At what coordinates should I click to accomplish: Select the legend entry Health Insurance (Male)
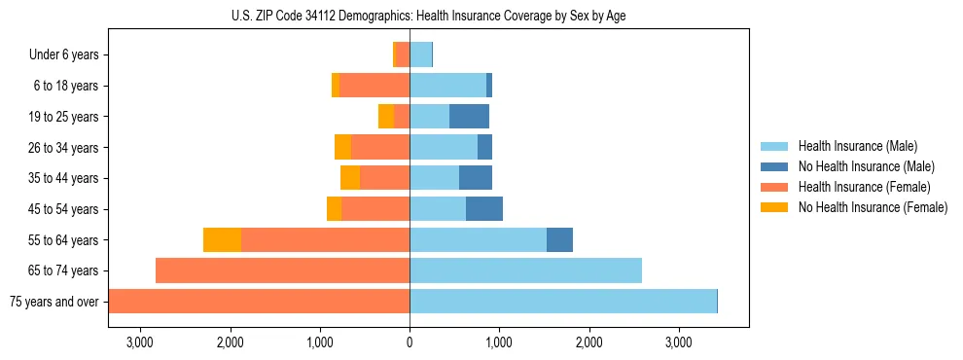857,146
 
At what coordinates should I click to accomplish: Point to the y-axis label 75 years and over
53,302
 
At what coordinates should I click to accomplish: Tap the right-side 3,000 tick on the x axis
678,342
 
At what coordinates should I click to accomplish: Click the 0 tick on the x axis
410,342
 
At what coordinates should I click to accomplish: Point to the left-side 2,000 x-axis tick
231,342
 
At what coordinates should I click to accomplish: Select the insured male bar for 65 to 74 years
525,270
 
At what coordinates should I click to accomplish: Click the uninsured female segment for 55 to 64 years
222,239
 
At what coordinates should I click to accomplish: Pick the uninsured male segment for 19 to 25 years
469,117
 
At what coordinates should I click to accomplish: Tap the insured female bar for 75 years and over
259,302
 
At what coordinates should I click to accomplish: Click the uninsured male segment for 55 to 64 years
559,239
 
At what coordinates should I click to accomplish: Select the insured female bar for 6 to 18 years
374,86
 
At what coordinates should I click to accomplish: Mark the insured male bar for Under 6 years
420,55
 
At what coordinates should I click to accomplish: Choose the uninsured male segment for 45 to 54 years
484,209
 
